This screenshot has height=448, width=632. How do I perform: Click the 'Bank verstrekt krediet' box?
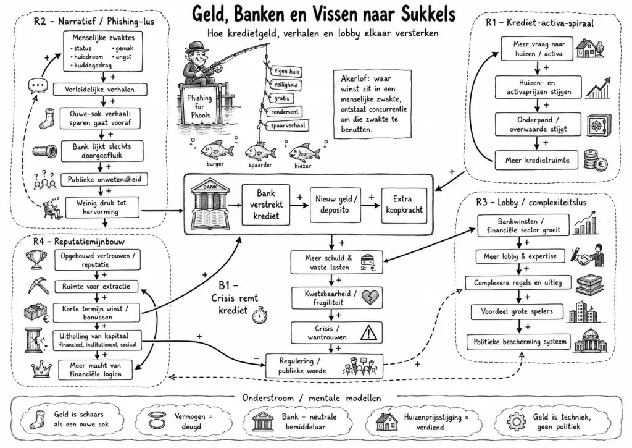[265, 204]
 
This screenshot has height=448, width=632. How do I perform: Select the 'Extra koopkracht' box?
[404, 205]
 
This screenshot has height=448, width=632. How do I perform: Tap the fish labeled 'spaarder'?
[260, 152]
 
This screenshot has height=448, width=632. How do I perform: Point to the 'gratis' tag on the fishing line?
[281, 98]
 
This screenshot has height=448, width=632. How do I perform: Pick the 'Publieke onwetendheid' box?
[104, 180]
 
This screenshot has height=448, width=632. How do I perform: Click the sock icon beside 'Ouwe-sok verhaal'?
[46, 118]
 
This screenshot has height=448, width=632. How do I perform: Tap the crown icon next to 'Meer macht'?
[41, 368]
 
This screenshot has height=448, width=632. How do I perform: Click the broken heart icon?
[369, 298]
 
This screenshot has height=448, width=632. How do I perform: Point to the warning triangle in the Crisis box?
[368, 332]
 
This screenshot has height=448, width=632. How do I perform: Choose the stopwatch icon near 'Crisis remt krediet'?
[260, 315]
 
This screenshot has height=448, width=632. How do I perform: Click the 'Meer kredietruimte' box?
[536, 160]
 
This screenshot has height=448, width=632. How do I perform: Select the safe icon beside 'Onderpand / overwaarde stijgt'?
[599, 125]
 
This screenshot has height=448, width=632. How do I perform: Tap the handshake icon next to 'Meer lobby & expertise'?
[588, 255]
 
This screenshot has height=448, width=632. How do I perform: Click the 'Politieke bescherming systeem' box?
[519, 342]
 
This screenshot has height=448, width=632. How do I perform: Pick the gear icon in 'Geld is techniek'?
[517, 422]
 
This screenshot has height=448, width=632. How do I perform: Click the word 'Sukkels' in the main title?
[428, 14]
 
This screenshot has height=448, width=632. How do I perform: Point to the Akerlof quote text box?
[372, 104]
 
